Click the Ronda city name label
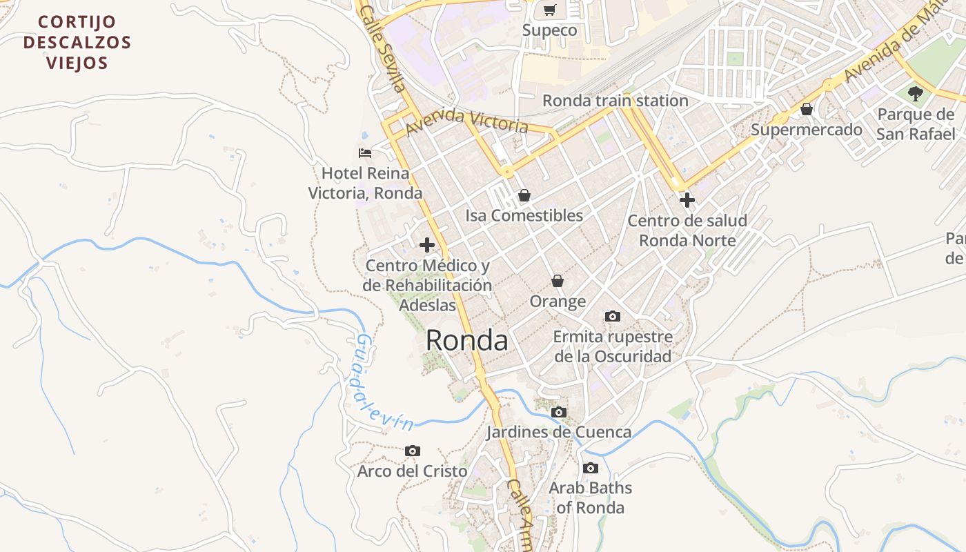466,340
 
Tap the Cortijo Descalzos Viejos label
77,43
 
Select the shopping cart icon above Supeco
549,10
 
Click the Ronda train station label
615,101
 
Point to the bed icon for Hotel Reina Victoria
365,152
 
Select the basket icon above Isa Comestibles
524,195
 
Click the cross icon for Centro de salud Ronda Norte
687,201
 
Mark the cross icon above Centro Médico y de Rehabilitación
427,245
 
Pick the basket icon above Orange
558,281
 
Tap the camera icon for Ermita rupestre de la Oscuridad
612,317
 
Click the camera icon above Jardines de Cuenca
559,413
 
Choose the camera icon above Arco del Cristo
413,451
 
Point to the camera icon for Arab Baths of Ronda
590,469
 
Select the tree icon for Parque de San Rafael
916,93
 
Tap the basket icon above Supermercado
806,109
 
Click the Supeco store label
549,30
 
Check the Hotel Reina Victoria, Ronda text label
365,183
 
